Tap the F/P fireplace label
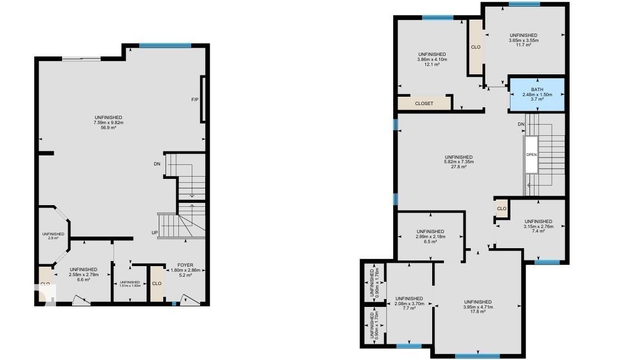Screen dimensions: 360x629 tap(195, 100)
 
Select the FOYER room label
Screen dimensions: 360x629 tap(185, 266)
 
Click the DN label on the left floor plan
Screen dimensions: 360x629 tap(157, 164)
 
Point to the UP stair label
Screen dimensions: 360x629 tap(154, 233)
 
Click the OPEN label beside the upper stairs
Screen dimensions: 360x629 tap(531, 154)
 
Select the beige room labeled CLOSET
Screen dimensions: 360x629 tap(424, 103)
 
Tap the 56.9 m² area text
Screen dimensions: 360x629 tap(108, 128)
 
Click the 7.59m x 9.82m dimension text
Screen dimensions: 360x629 tap(108, 123)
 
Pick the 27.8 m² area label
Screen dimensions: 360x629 tap(458, 167)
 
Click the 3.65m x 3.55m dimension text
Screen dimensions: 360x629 tap(523, 40)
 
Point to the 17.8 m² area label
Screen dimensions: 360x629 tap(477, 311)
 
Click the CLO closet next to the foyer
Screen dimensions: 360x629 tap(157, 283)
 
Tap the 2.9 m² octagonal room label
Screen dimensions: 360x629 tap(53, 239)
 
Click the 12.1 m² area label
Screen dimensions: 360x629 tap(432, 64)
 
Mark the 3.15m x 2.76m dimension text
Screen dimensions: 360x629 tap(538, 226)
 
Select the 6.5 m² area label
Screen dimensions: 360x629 tap(430, 241)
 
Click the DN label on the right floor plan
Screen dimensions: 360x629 tap(521, 124)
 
